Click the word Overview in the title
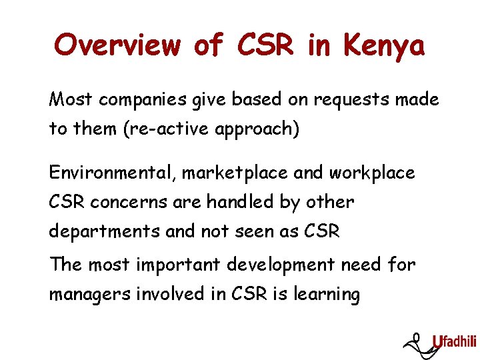(x=117, y=45)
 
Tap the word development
(x=280, y=265)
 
